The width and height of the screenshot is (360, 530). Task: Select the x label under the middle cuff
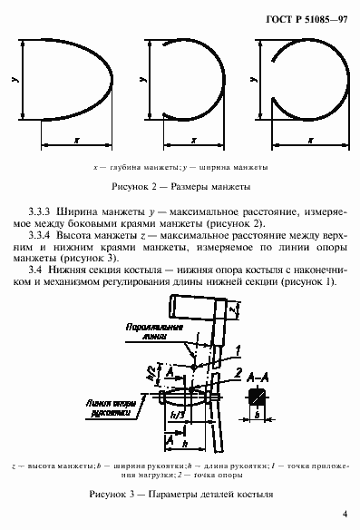(194, 141)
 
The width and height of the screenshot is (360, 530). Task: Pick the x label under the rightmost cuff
(309, 141)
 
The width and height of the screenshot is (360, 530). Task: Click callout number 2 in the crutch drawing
(237, 372)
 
